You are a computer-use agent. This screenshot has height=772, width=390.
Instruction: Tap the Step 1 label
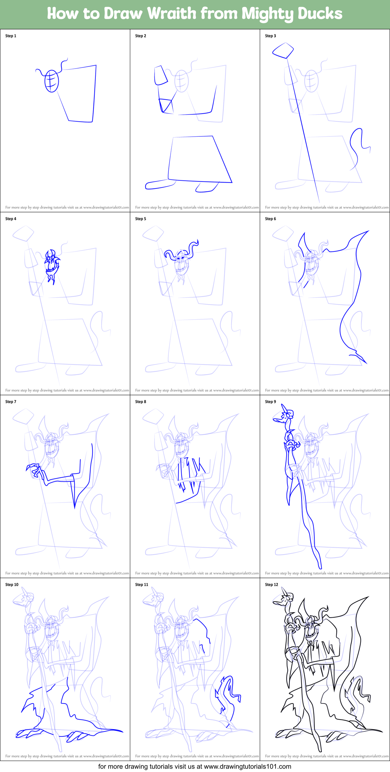point(11,36)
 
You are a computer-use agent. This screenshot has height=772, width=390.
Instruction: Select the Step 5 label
point(141,219)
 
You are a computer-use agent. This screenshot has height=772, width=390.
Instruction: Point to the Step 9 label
point(270,402)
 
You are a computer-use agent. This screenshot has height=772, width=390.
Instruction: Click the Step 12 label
point(271,585)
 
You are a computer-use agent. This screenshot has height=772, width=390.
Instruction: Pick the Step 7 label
point(11,402)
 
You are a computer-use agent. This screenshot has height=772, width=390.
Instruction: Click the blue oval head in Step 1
point(52,81)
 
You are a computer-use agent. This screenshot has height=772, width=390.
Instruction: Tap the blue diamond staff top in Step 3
point(283,50)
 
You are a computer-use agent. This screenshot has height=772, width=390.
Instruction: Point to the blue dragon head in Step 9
point(285,416)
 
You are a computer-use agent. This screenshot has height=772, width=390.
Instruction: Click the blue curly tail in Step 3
point(358,145)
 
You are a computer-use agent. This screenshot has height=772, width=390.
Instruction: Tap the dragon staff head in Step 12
point(285,599)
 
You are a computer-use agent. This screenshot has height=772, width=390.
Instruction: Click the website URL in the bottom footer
point(247,767)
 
